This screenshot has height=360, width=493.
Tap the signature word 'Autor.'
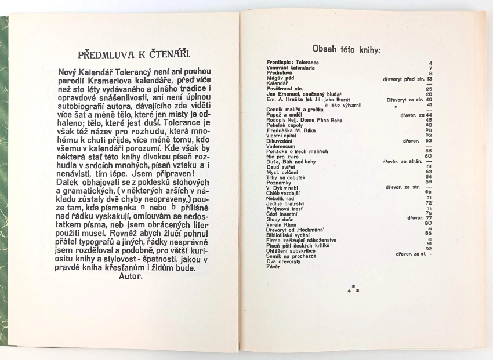point(134,276)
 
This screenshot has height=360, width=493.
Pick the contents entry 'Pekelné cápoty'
point(277,125)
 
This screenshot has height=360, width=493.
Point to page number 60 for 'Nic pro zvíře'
point(429,155)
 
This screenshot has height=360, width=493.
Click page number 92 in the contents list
point(429,249)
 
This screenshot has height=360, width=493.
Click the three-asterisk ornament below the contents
point(353,288)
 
